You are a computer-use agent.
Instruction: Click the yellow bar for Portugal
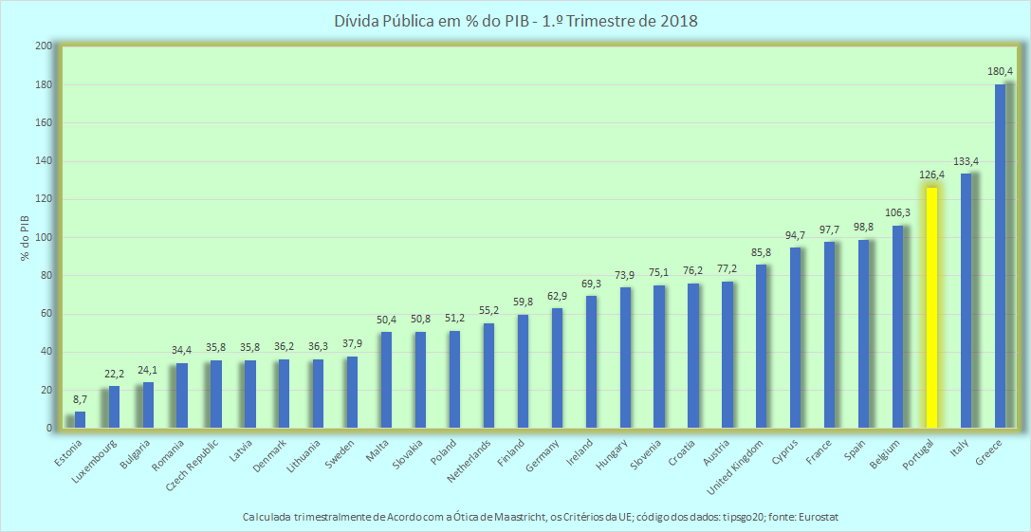[x=931, y=307]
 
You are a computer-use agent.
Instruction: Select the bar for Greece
[x=1000, y=256]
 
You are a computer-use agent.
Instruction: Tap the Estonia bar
[x=80, y=419]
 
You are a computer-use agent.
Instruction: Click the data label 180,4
[x=1000, y=71]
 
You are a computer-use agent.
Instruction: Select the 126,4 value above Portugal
[x=931, y=174]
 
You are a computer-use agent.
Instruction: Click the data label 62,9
[x=557, y=296]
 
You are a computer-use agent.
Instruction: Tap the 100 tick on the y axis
[x=43, y=237]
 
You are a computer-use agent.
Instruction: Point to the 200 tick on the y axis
[x=43, y=46]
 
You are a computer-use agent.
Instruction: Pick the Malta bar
[x=386, y=380]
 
